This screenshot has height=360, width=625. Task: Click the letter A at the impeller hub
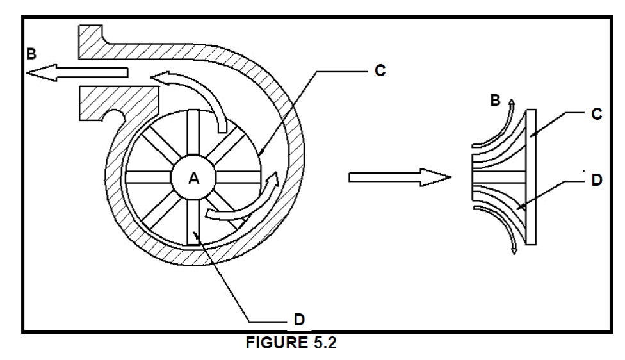pos(194,178)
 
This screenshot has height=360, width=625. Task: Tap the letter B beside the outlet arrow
pos(31,53)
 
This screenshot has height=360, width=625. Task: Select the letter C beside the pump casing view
pos(380,70)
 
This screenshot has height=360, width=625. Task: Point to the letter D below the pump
pos(299,320)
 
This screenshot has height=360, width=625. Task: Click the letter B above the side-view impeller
pos(495,100)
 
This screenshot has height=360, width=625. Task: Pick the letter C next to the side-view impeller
pos(597,115)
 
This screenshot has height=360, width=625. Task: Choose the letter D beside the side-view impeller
pos(597,180)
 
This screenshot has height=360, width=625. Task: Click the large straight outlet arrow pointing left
pos(77,72)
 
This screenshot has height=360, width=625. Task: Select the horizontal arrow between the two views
pos(400,177)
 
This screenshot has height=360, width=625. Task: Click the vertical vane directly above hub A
pos(193,133)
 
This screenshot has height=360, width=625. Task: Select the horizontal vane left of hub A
pos(149,177)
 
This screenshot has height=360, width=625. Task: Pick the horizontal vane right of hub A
pos(238,177)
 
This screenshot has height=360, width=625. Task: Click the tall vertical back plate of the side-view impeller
pos(531,177)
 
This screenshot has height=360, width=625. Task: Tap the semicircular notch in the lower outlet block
pos(113,115)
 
